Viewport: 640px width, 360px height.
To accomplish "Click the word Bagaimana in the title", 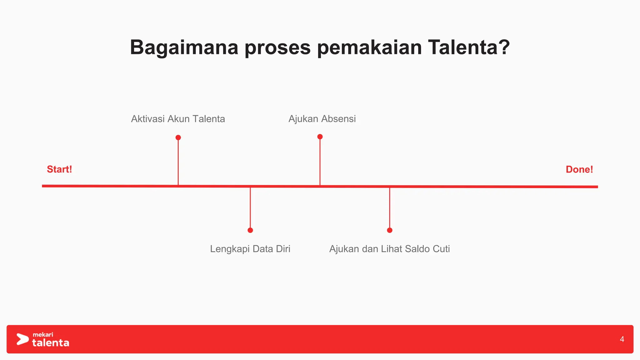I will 184,47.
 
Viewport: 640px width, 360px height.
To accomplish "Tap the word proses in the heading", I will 277,47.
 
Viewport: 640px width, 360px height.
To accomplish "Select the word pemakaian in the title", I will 369,47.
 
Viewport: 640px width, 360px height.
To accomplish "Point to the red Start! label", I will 59,169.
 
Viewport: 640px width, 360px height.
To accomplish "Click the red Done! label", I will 579,169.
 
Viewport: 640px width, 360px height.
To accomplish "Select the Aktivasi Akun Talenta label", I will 178,119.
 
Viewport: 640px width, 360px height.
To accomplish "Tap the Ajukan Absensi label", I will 322,119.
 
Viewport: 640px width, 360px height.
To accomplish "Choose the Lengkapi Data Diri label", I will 250,249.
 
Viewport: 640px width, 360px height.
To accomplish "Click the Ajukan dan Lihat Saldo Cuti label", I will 389,249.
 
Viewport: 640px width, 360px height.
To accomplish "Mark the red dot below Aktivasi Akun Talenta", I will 178,137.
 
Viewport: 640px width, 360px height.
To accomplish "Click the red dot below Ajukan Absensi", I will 320,137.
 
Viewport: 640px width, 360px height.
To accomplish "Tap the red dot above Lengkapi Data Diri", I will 250,230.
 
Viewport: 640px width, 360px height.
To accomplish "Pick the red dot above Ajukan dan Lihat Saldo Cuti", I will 390,230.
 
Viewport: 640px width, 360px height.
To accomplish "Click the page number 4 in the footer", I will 622,339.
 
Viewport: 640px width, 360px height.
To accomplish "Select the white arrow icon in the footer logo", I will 22,339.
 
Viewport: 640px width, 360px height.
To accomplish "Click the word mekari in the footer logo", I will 43,335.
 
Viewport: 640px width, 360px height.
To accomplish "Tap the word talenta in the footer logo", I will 51,343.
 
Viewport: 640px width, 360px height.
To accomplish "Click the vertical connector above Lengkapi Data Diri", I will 250,208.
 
